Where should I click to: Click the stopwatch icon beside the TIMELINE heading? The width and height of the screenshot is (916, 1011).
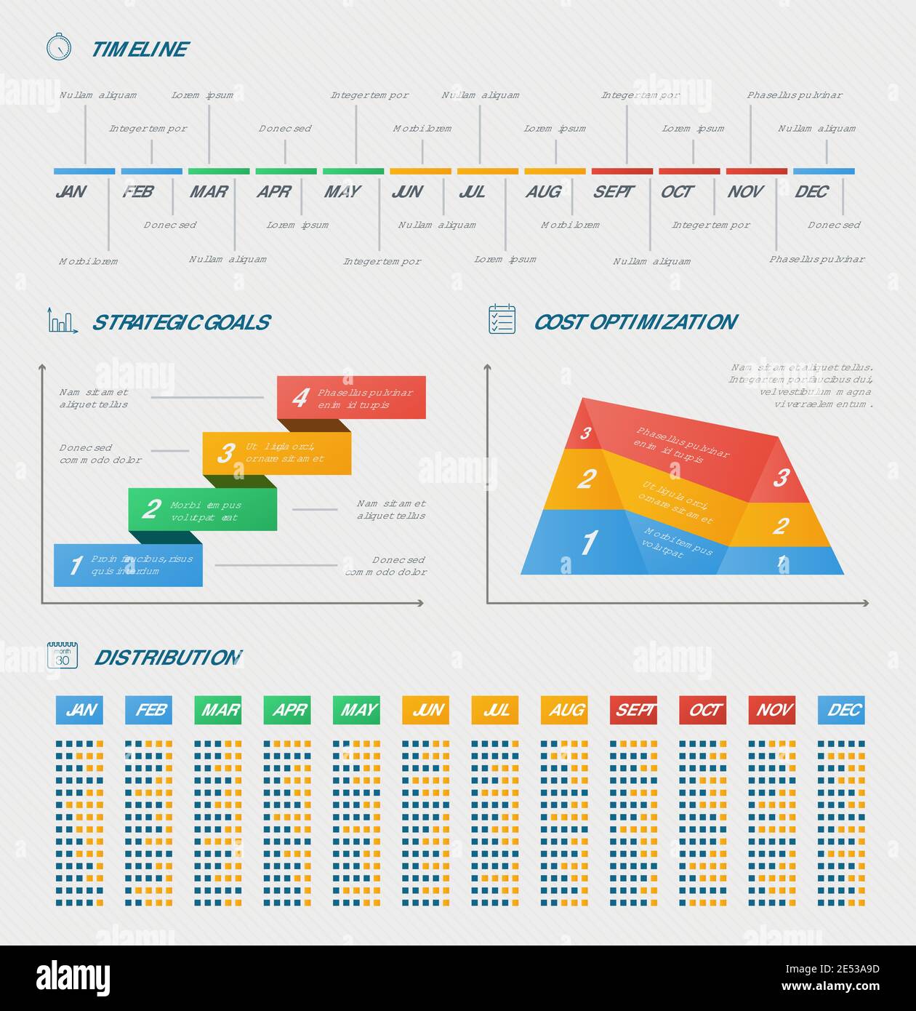pos(59,47)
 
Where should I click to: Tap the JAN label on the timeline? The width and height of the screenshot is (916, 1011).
pos(71,191)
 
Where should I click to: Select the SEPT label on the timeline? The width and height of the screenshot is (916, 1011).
pos(613,191)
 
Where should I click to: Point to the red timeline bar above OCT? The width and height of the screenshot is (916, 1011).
pos(689,172)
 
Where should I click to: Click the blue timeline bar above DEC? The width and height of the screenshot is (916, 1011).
pos(824,172)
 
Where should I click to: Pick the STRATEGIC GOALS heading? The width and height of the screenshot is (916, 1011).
pos(181,322)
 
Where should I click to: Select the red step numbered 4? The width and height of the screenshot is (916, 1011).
pos(351,397)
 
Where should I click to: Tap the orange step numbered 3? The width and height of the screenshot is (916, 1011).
pos(276,453)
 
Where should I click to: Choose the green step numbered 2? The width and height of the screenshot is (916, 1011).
pos(202,509)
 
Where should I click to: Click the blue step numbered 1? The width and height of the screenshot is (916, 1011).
pos(128,564)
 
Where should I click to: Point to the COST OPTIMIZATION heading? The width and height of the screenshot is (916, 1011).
pos(635,322)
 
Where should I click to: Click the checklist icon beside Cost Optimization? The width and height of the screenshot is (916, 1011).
pos(502,319)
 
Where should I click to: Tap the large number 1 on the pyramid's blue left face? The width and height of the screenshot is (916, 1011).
pos(588,543)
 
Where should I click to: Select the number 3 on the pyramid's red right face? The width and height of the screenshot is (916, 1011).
pos(781,478)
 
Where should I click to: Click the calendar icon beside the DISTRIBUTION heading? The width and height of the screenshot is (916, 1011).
pos(63,655)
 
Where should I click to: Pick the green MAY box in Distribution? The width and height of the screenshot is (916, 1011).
pos(356,710)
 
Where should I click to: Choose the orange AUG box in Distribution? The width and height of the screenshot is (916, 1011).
pos(564,710)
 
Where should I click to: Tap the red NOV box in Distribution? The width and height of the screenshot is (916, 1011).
pos(772,710)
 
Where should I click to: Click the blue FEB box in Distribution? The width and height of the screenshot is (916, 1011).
pos(148,710)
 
